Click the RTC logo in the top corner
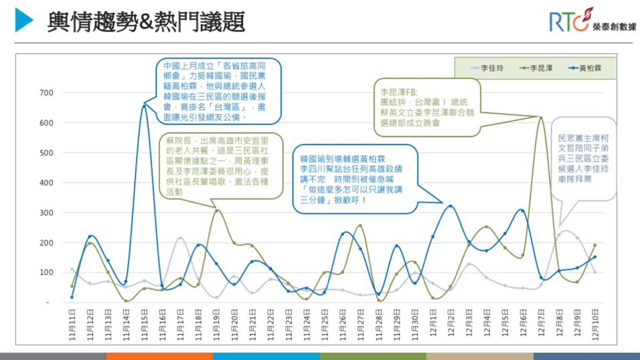(x=592, y=21)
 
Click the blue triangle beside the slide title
(x=24, y=20)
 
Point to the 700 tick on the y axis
(x=46, y=93)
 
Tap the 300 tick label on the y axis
(x=46, y=213)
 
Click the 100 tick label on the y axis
(x=46, y=272)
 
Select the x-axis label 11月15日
(x=144, y=325)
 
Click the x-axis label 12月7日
(x=541, y=325)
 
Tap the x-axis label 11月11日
(x=72, y=325)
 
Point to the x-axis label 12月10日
(x=595, y=325)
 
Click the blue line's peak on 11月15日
(x=144, y=106)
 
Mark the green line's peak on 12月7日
(x=541, y=118)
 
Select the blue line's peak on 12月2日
(x=451, y=206)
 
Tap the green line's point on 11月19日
(x=216, y=210)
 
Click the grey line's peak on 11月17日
(x=180, y=238)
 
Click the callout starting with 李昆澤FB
(x=427, y=107)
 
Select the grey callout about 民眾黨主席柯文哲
(x=583, y=158)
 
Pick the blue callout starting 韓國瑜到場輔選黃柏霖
(x=355, y=179)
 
